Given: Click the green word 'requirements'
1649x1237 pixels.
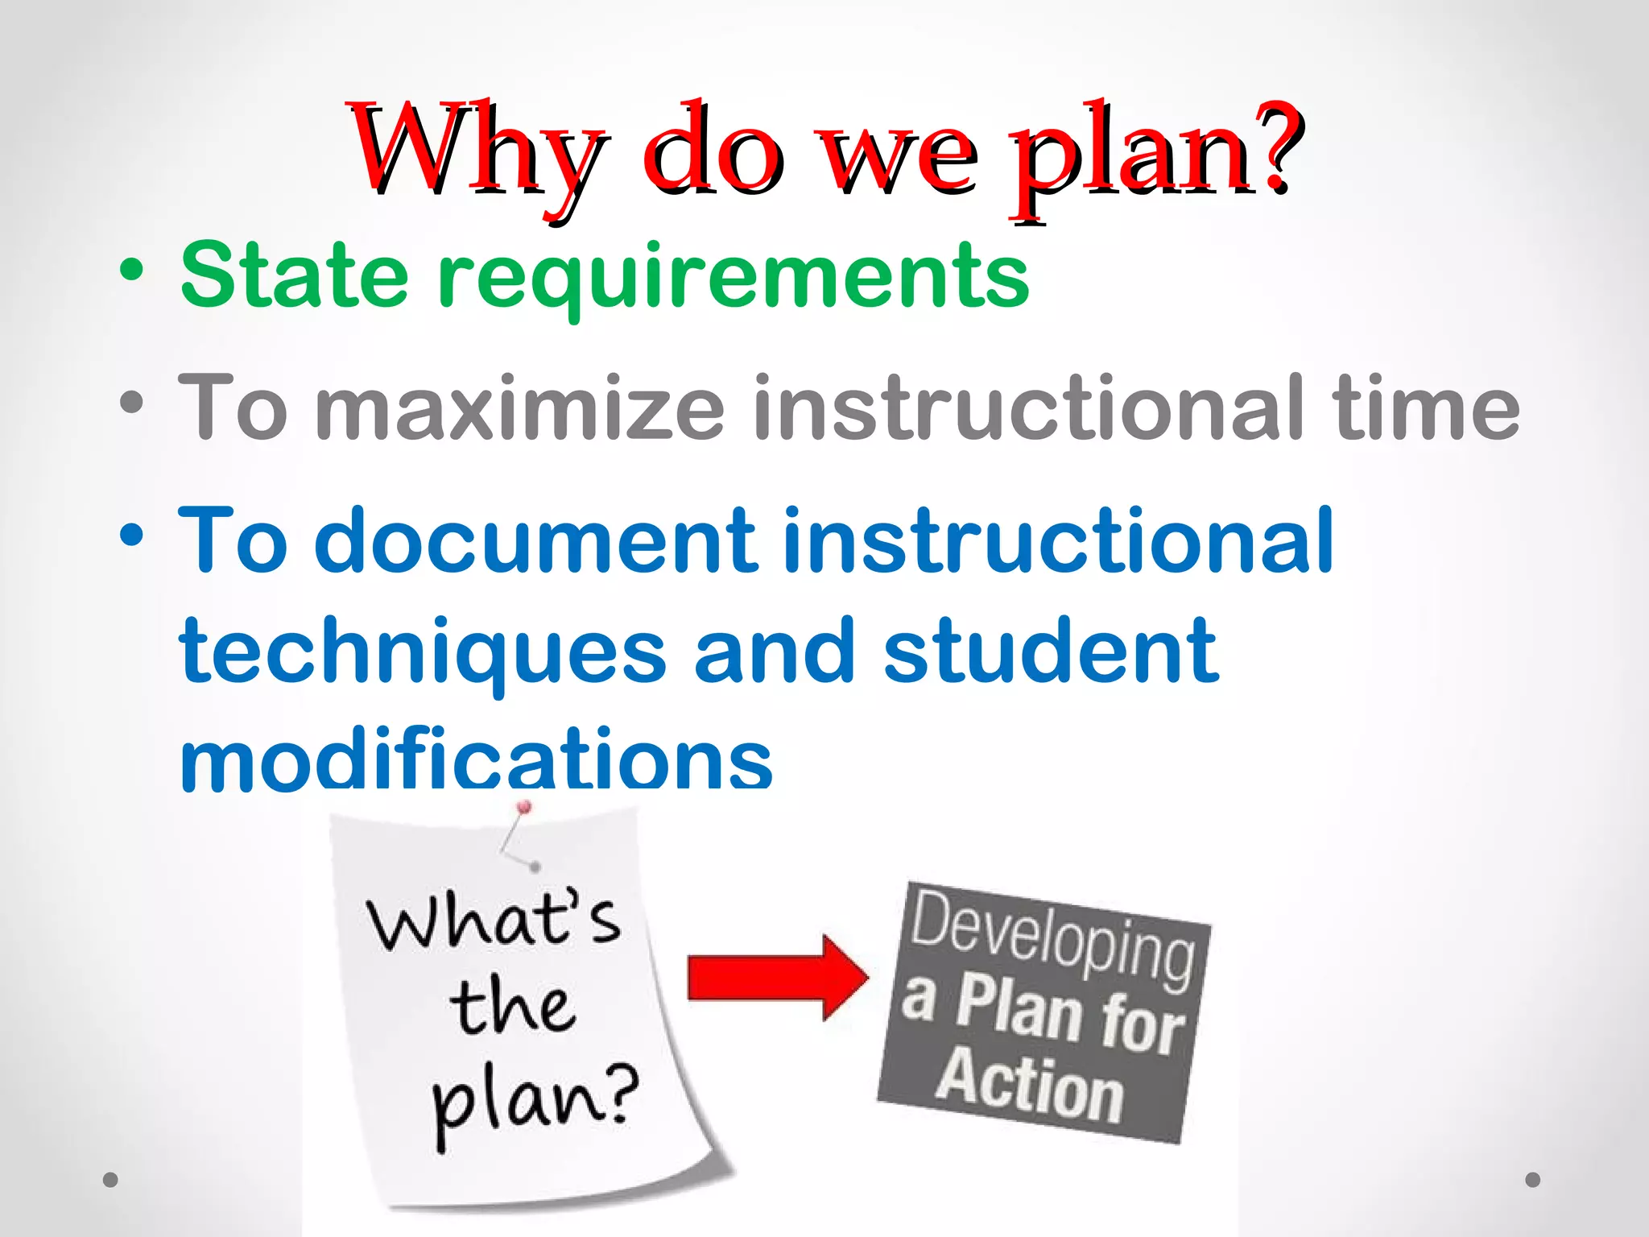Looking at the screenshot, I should [x=733, y=278].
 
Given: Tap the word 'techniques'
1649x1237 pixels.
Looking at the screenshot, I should [x=424, y=652].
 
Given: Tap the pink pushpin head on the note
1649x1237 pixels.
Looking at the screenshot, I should [x=524, y=806].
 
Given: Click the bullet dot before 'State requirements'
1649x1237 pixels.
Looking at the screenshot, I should [x=131, y=270].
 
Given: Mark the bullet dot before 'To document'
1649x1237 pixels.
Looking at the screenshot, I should [x=131, y=534].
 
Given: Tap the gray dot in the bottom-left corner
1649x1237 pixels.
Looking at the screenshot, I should [x=111, y=1180].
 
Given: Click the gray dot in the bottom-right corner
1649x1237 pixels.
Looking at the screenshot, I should [x=1533, y=1180].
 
